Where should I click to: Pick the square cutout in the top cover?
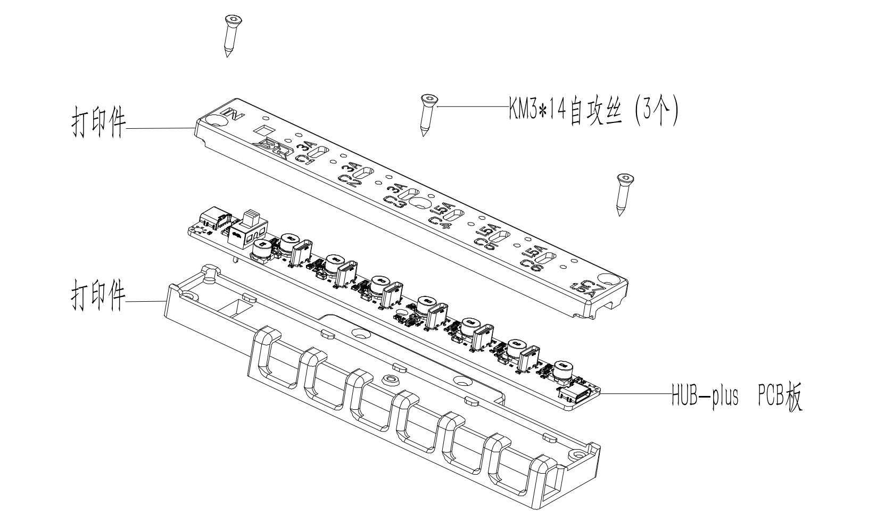263,130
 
